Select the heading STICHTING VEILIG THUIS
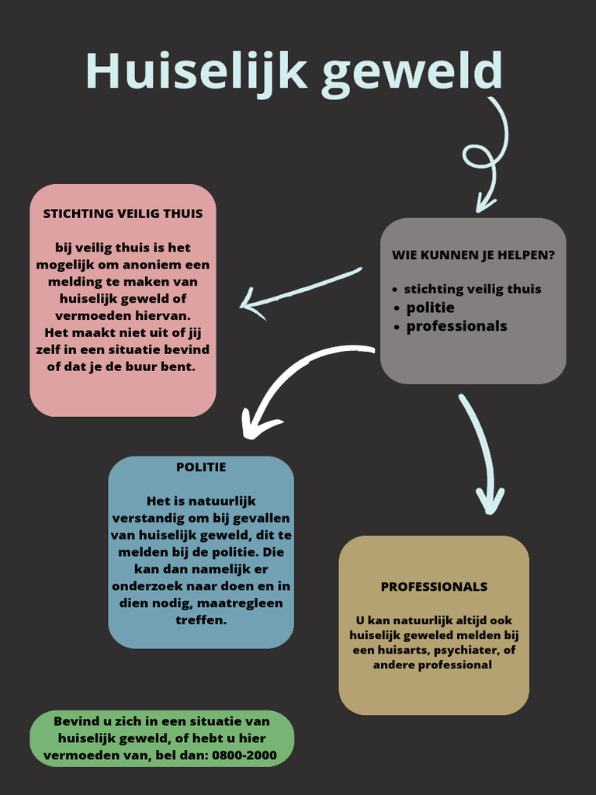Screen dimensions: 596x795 pos(123,214)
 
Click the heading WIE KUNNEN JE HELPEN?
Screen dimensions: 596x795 pos(473,255)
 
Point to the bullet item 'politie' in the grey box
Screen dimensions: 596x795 pos(430,307)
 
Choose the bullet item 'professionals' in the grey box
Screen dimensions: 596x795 pos(456,326)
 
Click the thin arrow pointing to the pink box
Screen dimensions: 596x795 pos(300,293)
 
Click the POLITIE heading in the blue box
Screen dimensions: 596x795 pos(201,467)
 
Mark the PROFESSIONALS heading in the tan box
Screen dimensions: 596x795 pos(434,587)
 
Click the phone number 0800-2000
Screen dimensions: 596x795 pos(244,755)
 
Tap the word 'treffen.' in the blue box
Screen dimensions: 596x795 pos(201,620)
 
